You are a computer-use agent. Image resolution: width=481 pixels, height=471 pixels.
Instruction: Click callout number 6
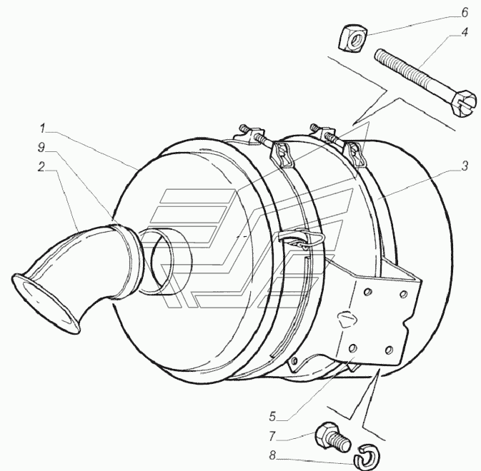465,13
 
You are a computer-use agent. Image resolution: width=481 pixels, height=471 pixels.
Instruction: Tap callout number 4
465,32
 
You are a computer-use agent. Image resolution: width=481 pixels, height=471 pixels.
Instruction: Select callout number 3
465,166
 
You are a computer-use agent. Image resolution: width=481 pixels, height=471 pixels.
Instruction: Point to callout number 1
42,128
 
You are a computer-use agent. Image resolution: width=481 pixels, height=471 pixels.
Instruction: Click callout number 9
41,147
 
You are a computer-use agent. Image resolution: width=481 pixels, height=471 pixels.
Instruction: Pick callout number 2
41,166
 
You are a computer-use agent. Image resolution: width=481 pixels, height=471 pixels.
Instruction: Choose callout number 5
272,417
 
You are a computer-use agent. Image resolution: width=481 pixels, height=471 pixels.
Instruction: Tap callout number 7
272,436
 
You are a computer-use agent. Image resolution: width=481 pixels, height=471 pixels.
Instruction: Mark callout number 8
272,456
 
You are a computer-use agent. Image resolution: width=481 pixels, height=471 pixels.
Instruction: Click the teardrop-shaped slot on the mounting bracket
347,319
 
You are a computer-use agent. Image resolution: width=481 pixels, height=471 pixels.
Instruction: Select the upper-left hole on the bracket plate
366,293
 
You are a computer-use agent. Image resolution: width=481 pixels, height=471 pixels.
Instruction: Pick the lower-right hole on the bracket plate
389,350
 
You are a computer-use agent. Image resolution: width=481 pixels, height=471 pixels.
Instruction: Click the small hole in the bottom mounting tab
294,361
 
